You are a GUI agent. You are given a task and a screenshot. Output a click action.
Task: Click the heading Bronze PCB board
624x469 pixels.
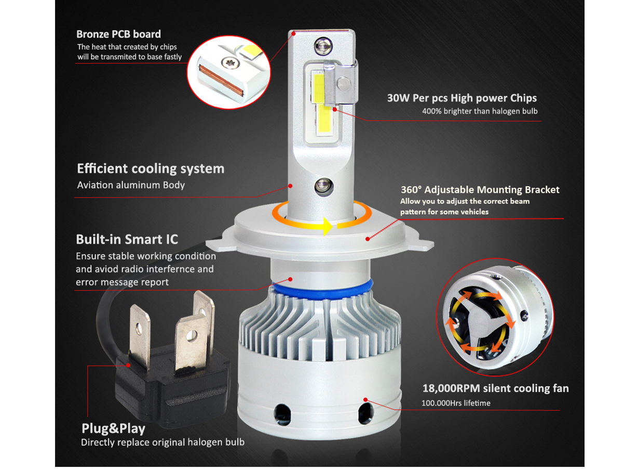point(118,34)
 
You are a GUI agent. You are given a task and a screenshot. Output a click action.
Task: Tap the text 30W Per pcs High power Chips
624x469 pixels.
point(462,98)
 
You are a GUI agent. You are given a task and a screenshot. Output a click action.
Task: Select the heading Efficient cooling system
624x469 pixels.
point(151,168)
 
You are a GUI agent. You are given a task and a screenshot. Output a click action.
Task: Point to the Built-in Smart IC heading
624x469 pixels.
point(127,239)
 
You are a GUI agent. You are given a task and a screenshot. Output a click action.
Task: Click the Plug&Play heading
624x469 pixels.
point(113,428)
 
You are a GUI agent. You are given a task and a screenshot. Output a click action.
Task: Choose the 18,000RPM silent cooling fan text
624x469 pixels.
point(495,388)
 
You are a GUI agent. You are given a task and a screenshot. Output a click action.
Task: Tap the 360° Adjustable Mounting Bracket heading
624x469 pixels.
point(480,190)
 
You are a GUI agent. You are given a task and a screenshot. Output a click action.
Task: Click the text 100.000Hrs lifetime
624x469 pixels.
point(456,403)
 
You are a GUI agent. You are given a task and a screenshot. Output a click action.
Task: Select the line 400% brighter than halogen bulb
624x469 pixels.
point(480,111)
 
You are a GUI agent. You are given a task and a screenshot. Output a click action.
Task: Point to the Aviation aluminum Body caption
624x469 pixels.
point(131,185)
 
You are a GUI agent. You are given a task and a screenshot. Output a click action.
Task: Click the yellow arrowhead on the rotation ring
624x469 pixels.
point(328,226)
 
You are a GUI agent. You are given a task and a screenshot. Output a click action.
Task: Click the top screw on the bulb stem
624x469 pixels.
point(323,46)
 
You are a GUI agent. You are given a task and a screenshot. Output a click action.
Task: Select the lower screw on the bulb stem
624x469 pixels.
point(324,187)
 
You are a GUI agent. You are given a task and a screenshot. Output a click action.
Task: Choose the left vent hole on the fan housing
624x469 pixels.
point(282,413)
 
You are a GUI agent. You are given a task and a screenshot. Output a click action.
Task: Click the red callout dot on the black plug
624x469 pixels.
point(128,366)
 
